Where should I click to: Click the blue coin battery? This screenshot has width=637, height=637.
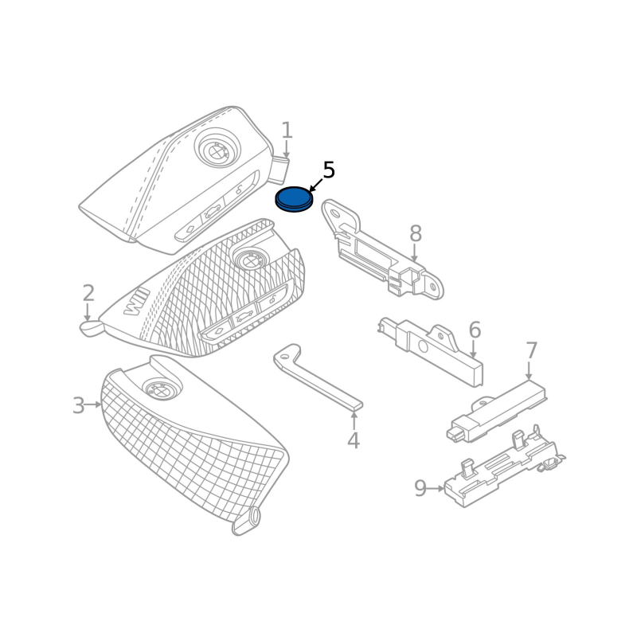point(293,198)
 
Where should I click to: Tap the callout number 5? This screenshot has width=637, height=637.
point(328,170)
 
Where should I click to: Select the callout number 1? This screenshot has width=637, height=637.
point(287,131)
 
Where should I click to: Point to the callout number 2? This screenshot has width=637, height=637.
point(88,293)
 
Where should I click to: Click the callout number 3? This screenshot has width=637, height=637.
point(77,406)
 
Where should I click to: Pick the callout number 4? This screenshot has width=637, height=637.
point(353,440)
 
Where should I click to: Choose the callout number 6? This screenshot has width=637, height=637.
point(475,330)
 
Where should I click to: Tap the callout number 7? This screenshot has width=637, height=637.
point(531,350)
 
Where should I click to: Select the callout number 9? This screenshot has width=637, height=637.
point(420,488)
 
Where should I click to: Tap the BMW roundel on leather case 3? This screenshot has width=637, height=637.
point(157,390)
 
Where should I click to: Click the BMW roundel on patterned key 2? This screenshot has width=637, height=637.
point(247,258)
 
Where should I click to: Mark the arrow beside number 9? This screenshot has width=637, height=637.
point(436,488)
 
